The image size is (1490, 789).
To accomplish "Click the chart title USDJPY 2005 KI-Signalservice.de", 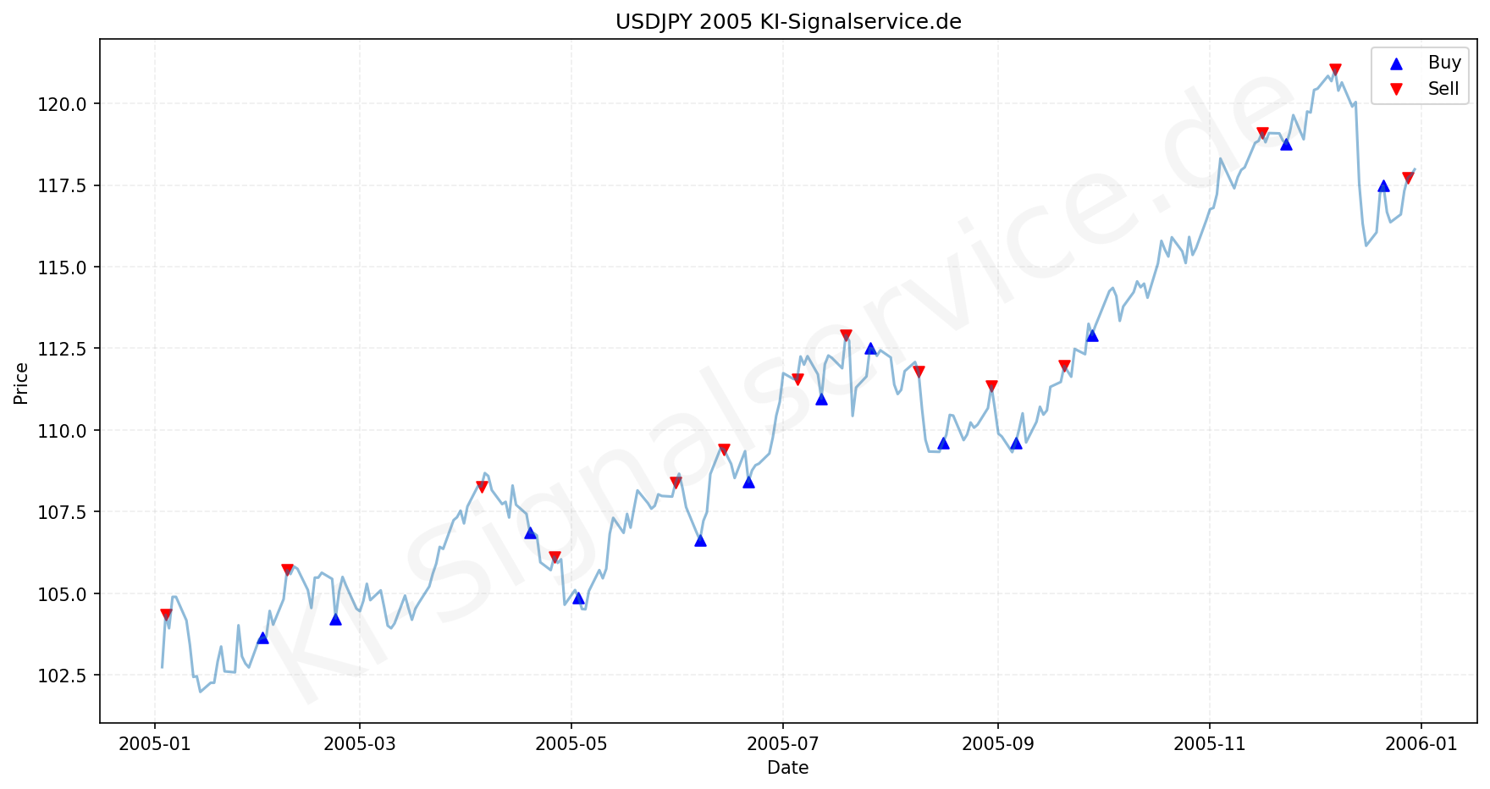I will [x=788, y=22].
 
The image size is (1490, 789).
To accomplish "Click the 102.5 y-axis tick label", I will [x=63, y=676].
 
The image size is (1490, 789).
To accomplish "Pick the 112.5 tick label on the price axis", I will [x=63, y=349].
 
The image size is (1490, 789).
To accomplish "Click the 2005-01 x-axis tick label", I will [x=155, y=744].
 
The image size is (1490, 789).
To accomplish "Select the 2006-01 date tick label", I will [x=1421, y=744].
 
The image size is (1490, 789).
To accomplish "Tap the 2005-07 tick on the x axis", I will [x=783, y=744].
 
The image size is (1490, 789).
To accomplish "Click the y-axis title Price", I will [x=21, y=383].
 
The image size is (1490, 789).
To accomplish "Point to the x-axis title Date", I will [x=787, y=768].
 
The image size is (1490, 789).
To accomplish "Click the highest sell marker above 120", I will [x=1335, y=69].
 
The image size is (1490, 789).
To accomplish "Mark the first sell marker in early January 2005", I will [x=166, y=615].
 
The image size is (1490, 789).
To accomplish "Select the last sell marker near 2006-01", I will [x=1408, y=178].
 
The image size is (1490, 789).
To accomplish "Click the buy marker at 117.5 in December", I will [x=1383, y=186].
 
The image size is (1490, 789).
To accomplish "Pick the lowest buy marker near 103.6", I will [x=262, y=637].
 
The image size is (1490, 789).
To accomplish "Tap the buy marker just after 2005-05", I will [x=578, y=598].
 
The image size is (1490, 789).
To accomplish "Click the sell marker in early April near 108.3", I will [x=482, y=487].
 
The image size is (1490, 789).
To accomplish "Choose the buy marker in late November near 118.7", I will [x=1286, y=144].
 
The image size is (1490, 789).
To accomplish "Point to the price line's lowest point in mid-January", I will [x=201, y=692].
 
